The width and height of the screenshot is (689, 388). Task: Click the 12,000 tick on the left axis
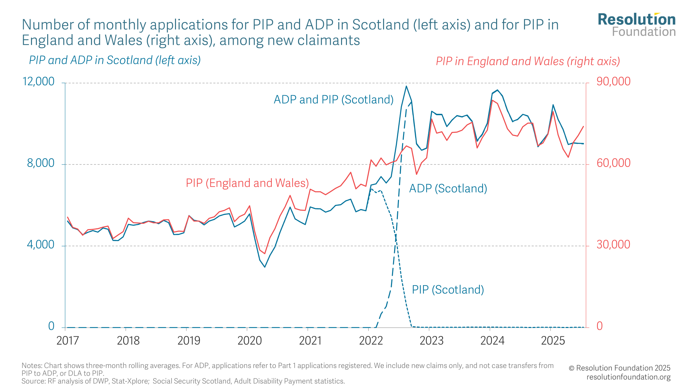click(39, 82)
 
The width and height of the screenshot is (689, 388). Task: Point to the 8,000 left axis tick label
click(41, 163)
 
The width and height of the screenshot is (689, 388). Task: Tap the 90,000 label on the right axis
click(614, 82)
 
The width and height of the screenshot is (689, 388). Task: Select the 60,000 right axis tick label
click(614, 163)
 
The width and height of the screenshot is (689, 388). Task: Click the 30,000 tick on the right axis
click(614, 245)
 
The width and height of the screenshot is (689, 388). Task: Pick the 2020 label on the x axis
click(250, 341)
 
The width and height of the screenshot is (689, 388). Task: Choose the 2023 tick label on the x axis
click(432, 341)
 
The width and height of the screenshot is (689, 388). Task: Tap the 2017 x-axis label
click(68, 341)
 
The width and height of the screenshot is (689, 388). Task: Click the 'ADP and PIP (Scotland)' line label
click(333, 100)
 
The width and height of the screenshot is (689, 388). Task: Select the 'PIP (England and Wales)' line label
click(247, 183)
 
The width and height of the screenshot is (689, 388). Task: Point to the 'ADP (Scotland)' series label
click(448, 189)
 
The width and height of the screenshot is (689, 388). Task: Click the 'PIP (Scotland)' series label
click(448, 290)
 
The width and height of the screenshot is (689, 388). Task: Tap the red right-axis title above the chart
click(528, 61)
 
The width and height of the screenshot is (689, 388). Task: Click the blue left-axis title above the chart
click(115, 60)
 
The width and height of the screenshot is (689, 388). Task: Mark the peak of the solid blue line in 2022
click(406, 86)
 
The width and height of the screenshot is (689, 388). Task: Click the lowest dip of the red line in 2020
click(265, 254)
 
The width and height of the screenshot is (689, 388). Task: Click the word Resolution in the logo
click(637, 20)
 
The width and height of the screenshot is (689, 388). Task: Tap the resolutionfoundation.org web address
click(628, 377)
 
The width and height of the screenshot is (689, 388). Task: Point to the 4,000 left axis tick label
click(41, 245)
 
